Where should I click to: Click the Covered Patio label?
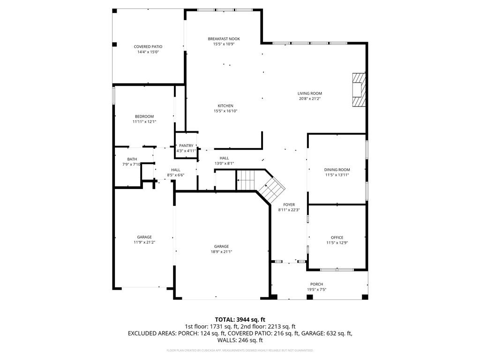point(148,47)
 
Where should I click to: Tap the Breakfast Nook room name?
point(224,39)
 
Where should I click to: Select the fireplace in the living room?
point(359,90)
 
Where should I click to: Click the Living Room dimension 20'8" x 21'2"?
point(310,99)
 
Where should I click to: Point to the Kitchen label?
point(225,106)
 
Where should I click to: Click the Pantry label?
point(186,146)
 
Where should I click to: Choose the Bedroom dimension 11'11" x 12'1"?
point(144,122)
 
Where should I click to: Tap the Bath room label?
point(126,159)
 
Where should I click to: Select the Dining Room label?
point(337,170)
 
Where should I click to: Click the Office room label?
point(337,238)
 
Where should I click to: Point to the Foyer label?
point(289,205)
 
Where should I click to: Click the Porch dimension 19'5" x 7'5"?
point(316,290)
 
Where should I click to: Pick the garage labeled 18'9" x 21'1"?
point(221,247)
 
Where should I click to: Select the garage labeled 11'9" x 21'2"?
point(144,237)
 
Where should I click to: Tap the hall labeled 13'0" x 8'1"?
point(224,158)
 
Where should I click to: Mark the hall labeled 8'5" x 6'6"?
point(176,170)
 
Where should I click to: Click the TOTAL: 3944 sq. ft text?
point(240,319)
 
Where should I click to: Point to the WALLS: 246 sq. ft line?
point(240,340)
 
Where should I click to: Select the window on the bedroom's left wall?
point(113,96)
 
